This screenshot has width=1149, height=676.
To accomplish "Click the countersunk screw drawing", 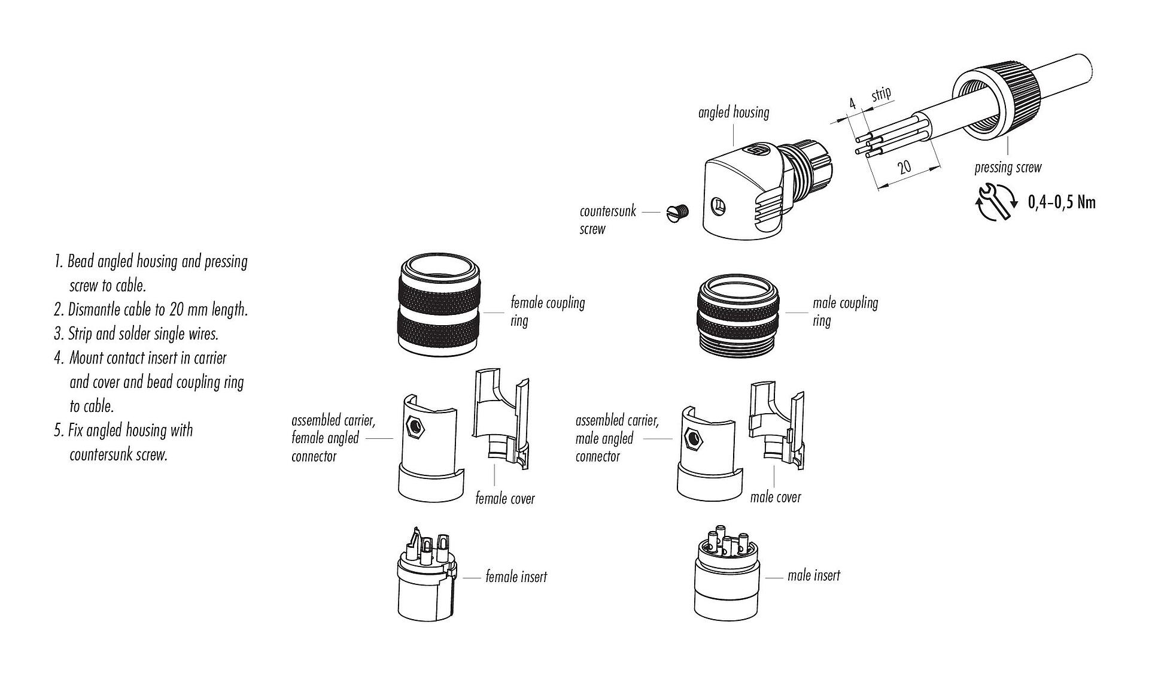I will coord(678,211).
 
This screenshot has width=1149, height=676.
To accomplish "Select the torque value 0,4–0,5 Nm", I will coord(1062,202).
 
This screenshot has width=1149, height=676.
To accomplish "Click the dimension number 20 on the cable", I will coord(904,166).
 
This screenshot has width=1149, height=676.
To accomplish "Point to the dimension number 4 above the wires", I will coord(852,104).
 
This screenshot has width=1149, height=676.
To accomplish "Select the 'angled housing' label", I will coord(733,112).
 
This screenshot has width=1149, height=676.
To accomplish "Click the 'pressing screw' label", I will coord(1008,167).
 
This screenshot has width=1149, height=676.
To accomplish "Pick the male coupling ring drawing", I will coord(737,316).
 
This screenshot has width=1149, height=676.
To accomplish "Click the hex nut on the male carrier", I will coord(694,439).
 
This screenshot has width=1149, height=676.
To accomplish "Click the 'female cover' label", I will coord(504,498).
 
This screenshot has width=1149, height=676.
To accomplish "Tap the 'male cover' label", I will coord(775,497).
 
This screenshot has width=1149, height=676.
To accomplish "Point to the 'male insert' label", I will coord(813,576).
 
